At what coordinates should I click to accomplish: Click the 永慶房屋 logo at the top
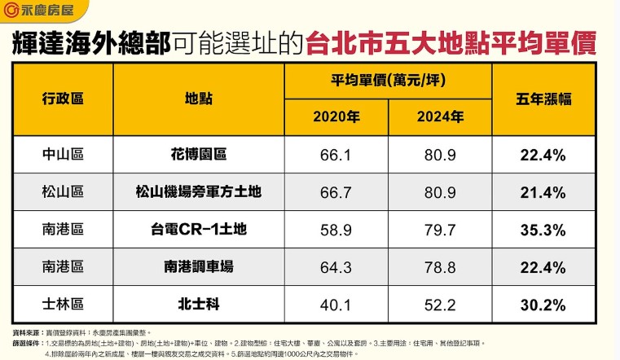click(37, 13)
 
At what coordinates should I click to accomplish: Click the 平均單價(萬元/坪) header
click(387, 81)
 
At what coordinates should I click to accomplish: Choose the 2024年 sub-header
click(440, 117)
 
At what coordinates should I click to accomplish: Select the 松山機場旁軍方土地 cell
click(198, 192)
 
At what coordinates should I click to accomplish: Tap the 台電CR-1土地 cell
click(198, 230)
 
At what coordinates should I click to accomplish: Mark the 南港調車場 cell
click(198, 268)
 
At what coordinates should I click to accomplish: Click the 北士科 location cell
click(198, 305)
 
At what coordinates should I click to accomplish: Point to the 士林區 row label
click(63, 305)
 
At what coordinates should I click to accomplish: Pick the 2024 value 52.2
click(440, 305)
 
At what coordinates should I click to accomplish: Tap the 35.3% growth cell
click(543, 230)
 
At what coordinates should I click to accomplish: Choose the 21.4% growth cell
click(543, 192)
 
